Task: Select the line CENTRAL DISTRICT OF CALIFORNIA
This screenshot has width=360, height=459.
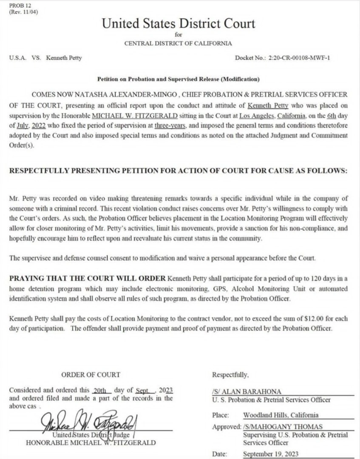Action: pos(178,43)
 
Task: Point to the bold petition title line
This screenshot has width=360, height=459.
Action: pos(178,79)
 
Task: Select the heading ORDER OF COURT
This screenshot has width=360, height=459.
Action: pos(91,375)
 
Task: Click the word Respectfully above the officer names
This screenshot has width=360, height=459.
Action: pos(230,375)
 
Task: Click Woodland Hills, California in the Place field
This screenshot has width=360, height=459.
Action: pos(281,415)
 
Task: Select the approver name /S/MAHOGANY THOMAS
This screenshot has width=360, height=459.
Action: pos(283,427)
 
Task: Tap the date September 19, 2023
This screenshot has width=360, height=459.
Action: pos(271,454)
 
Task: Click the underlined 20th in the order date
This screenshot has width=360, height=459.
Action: pos(102,390)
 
